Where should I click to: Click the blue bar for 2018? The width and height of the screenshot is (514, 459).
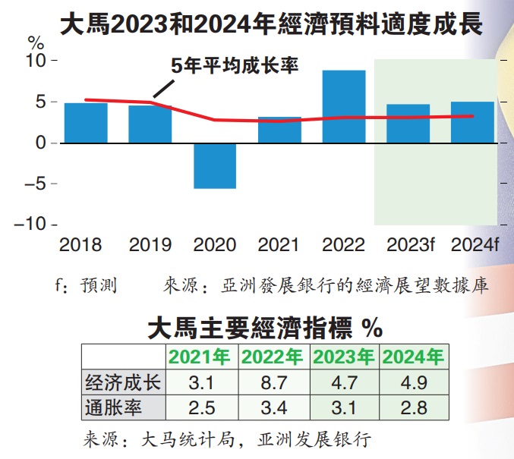85,123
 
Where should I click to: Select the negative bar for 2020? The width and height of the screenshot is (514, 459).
215,165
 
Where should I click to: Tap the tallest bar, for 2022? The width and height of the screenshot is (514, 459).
344,106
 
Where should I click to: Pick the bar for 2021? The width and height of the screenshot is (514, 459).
279,130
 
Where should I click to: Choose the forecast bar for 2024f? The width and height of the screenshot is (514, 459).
473,122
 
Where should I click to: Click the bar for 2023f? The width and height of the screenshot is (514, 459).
408,124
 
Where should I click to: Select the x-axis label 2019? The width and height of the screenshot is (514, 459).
150,245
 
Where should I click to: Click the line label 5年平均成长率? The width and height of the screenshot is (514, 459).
235,66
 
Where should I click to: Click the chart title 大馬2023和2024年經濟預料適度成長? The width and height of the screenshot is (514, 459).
271,24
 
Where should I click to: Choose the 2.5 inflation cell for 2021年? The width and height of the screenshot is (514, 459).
201,407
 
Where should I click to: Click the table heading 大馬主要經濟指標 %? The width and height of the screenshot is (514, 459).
263,329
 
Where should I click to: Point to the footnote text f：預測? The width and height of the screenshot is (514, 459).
85,286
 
